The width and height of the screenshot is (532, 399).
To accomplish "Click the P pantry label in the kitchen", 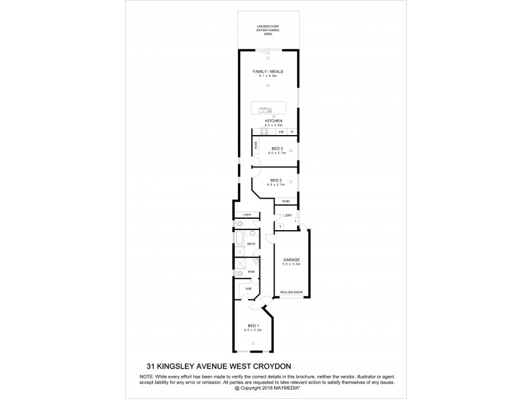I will click(291, 133).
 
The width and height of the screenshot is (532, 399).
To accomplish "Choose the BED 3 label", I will click(277, 148).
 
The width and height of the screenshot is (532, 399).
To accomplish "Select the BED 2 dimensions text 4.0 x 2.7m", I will click(277, 184).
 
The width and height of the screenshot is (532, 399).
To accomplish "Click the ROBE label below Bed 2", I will click(285, 201).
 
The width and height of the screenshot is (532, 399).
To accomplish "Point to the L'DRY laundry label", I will click(288, 215).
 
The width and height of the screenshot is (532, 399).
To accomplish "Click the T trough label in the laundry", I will click(280, 227).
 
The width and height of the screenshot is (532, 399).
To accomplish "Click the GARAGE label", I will click(291, 259).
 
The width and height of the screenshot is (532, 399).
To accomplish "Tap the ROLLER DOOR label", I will click(291, 291).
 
